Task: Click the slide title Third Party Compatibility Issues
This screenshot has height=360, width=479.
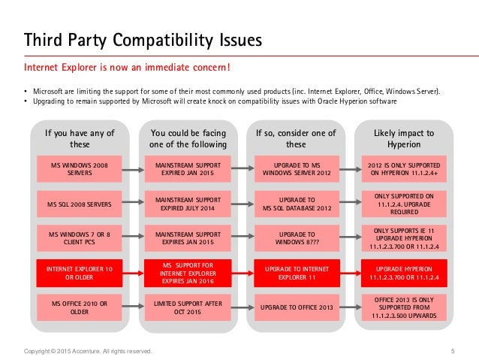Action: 143,38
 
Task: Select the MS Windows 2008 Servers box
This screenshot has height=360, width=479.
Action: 79,169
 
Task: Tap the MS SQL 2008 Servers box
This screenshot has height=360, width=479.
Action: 79,204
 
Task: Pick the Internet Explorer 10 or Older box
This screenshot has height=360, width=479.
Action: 79,273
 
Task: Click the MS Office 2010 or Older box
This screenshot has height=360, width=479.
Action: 79,307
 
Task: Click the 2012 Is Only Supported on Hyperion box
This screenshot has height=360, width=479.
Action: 405,169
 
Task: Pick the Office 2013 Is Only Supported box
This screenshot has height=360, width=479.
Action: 405,307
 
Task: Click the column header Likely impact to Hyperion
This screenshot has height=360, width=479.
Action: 405,138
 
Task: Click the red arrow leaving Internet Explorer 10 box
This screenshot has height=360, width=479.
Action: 129,273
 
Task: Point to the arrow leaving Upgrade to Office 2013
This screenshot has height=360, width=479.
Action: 347,307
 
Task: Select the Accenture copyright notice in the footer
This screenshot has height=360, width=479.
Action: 88,351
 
